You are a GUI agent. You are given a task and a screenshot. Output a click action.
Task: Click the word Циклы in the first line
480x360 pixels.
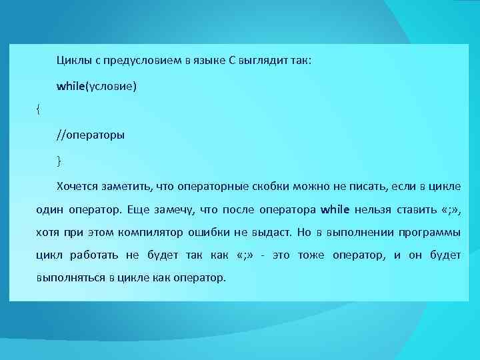pos(71,61)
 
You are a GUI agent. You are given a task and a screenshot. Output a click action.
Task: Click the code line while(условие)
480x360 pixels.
pos(97,86)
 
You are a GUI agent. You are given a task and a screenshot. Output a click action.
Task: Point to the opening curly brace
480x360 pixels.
pos(38,111)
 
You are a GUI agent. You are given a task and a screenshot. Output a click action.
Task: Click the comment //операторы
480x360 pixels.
pos(91,135)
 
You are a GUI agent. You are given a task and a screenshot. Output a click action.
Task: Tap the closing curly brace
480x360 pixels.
pos(59,160)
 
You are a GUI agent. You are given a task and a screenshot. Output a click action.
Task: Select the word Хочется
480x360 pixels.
pos(78,185)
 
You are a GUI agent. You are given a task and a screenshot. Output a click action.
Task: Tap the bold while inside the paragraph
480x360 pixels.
pos(335,209)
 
